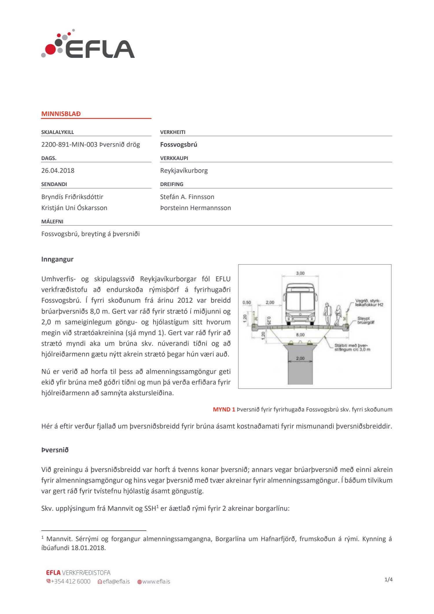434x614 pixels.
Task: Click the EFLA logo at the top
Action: [88, 45]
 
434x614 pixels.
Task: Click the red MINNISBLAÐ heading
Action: [61, 114]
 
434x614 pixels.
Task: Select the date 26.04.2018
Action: [58, 170]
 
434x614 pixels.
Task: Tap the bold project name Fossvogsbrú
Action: [179, 144]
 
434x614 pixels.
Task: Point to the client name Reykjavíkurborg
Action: [184, 170]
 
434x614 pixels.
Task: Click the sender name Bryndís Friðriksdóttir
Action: [72, 197]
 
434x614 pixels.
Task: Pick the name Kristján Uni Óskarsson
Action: [74, 208]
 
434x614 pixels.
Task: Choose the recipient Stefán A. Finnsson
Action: [187, 197]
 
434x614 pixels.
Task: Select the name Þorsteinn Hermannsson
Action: [195, 208]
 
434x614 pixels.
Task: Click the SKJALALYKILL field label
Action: [58, 132]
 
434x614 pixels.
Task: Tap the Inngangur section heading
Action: [57, 259]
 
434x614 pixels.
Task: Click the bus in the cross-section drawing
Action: [300, 304]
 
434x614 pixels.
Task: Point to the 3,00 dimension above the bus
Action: [300, 273]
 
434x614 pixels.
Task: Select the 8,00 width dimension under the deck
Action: [300, 335]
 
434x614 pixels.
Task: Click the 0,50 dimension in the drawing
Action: [247, 302]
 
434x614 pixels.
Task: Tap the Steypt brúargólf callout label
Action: [365, 320]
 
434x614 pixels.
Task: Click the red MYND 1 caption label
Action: [224, 409]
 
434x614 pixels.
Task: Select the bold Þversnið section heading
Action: [55, 450]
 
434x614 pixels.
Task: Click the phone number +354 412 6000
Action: [70, 581]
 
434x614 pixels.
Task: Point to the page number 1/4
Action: [388, 579]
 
